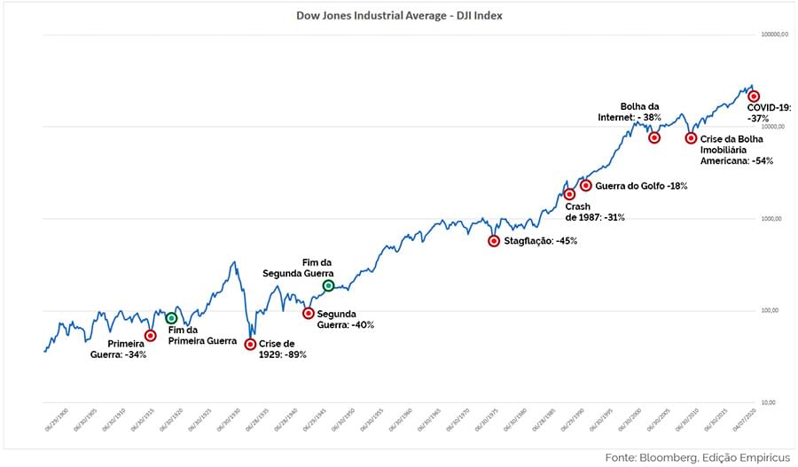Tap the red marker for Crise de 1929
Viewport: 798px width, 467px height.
[250, 344]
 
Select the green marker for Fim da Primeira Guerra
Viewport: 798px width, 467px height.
[171, 318]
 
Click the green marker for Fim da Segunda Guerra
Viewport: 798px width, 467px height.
[328, 285]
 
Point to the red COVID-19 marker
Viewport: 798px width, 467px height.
[754, 96]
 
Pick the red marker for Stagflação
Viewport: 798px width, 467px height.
[494, 241]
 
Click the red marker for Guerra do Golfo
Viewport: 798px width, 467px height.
[585, 185]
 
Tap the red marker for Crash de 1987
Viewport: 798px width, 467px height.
[569, 194]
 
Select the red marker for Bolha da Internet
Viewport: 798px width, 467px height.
[654, 137]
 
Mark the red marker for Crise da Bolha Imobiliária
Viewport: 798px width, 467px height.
[691, 138]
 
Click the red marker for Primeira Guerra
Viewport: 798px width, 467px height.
[150, 335]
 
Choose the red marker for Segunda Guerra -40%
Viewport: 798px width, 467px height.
[308, 313]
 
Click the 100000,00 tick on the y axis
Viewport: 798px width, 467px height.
[775, 35]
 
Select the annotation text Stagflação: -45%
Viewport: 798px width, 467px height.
[540, 241]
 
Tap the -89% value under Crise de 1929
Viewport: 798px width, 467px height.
[294, 354]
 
